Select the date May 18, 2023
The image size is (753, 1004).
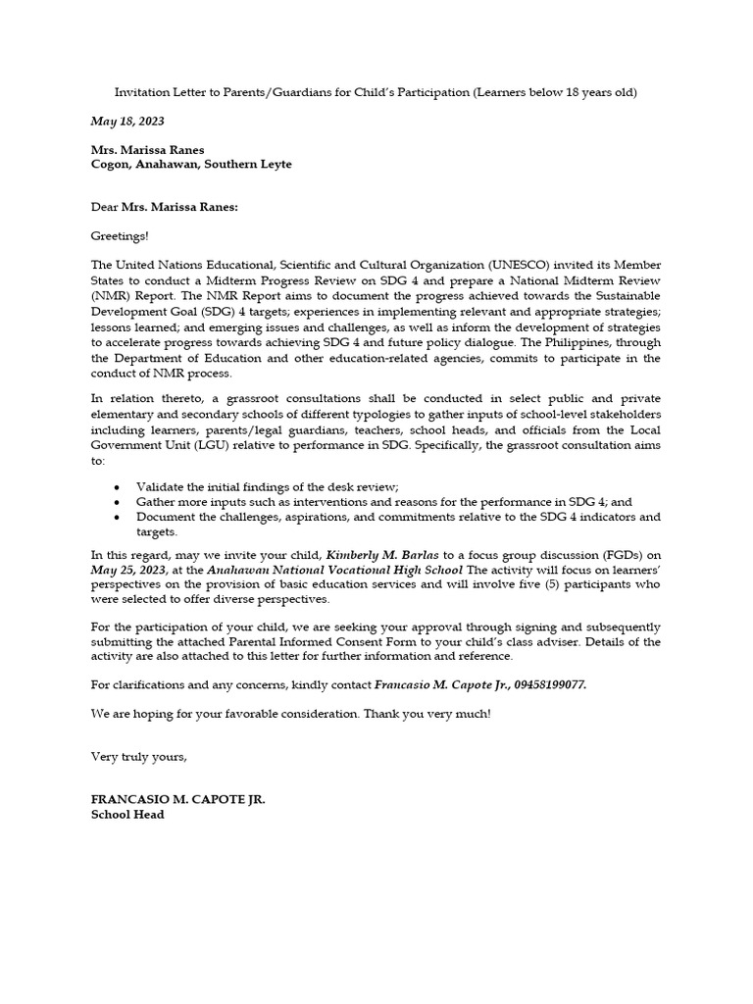[127, 122]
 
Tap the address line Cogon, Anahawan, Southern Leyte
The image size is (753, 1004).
[191, 165]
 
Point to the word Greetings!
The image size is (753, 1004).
[121, 236]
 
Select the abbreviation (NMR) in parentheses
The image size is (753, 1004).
[108, 295]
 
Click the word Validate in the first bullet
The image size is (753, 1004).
[161, 487]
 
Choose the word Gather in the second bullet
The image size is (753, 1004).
[157, 502]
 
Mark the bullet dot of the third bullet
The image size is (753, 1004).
[118, 517]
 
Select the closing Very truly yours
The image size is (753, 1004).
[138, 756]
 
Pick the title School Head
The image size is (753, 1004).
[127, 815]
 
